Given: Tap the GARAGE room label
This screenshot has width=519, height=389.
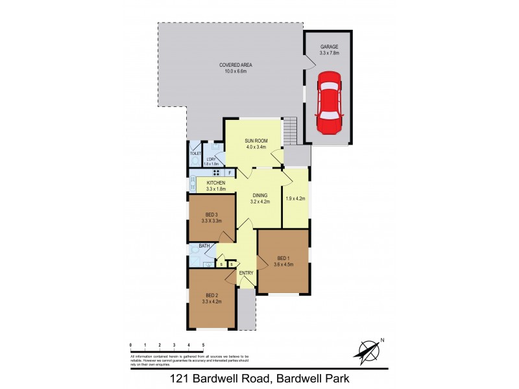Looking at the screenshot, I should point(329,48).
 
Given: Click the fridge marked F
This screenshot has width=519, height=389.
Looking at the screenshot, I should point(230,172).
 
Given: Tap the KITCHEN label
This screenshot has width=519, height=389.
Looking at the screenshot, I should point(216,183).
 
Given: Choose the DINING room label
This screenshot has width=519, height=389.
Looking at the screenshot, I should point(259,194).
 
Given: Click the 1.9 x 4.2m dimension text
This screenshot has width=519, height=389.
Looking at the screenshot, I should point(295,198).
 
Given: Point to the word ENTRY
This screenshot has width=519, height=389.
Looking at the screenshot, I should point(246,273).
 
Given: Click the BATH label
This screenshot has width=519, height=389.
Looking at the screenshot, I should point(204,246).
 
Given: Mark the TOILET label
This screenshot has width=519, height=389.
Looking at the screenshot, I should point(195,153).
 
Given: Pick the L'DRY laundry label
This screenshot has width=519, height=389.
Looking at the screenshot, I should point(210,159).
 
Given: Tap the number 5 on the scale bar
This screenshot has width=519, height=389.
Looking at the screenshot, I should point(203,345).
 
